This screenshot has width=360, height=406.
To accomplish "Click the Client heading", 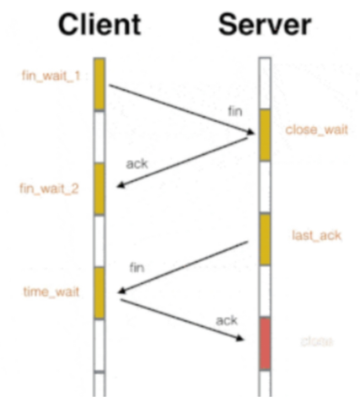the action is pyautogui.click(x=100, y=25).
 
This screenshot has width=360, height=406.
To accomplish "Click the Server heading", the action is pyautogui.click(x=265, y=25).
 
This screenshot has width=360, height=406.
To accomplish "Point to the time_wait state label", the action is pyautogui.click(x=51, y=292).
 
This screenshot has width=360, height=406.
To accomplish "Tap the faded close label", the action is pyautogui.click(x=316, y=341).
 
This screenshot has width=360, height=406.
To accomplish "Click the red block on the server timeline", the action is pyautogui.click(x=264, y=344).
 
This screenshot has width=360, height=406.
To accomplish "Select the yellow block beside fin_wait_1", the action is pyautogui.click(x=99, y=84).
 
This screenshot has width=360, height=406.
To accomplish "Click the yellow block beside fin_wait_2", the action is pyautogui.click(x=99, y=189).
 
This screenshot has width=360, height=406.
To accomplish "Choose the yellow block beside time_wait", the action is pyautogui.click(x=99, y=293).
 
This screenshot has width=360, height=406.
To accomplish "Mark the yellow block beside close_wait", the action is pyautogui.click(x=264, y=135).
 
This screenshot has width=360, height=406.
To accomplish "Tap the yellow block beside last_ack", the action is pyautogui.click(x=264, y=239).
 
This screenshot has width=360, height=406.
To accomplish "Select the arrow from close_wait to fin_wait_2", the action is pyautogui.click(x=183, y=162).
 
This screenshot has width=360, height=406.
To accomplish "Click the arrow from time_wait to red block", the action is pyautogui.click(x=181, y=319).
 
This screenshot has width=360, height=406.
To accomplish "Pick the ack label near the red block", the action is pyautogui.click(x=226, y=321).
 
